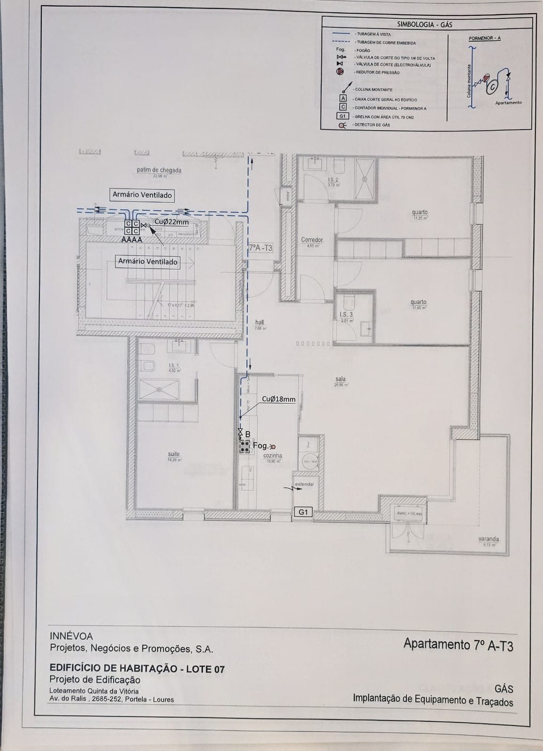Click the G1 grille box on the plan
tap(303, 512)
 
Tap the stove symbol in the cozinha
tap(244, 446)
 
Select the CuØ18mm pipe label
tap(279, 399)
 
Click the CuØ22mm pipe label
tap(171, 222)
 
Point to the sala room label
tap(341, 379)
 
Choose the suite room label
tap(174, 454)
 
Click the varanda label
tap(489, 539)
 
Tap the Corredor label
tap(312, 240)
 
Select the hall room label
tap(260, 322)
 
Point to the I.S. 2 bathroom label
tap(333, 180)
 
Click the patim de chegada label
tap(159, 170)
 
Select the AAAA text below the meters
tap(132, 239)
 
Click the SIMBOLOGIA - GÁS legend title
tap(425, 24)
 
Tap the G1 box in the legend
tap(343, 116)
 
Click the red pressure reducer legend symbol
tap(341, 72)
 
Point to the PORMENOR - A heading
tap(484, 38)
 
